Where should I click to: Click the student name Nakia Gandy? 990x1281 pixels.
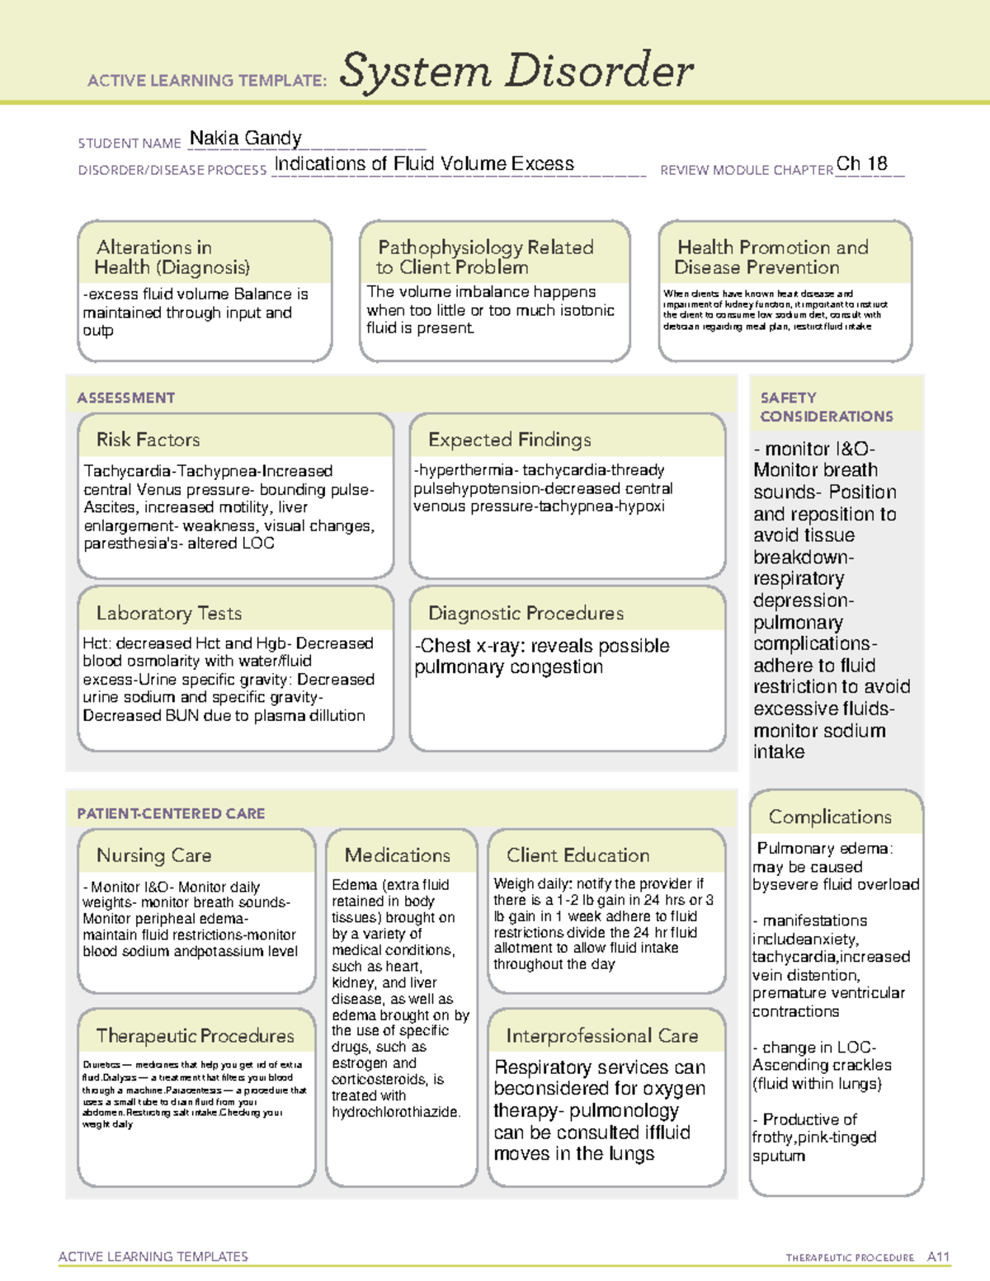(245, 139)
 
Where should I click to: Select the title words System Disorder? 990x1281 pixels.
(516, 71)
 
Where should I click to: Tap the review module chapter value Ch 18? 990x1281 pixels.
(861, 164)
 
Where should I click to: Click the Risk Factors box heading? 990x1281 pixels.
(148, 440)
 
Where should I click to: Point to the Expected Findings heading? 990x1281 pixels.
(509, 440)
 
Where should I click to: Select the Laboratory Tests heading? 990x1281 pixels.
(168, 613)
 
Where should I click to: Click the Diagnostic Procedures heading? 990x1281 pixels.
(526, 613)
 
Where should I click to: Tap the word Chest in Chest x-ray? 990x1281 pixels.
(445, 646)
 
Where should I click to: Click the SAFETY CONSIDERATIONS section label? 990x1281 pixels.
(826, 407)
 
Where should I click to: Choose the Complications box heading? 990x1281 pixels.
(830, 817)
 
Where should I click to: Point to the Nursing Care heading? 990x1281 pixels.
(153, 855)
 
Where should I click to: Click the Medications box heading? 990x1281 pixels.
(397, 855)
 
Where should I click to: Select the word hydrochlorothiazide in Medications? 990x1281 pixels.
(395, 1112)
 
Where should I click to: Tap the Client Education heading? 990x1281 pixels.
(577, 855)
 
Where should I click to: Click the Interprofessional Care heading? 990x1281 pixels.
(601, 1036)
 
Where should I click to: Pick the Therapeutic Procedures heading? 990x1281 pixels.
(195, 1036)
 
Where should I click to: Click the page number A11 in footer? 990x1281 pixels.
(938, 1257)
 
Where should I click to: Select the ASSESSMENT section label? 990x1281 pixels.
(125, 398)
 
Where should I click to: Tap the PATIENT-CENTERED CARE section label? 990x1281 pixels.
(171, 814)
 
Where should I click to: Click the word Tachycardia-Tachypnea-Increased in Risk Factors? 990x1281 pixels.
(208, 471)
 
